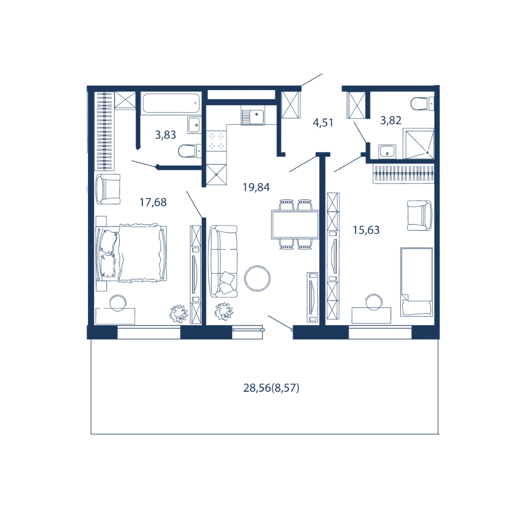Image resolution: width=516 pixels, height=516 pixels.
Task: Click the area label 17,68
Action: click(x=153, y=202)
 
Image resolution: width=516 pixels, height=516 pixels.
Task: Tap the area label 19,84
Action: click(x=256, y=187)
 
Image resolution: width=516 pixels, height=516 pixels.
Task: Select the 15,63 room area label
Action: click(x=366, y=230)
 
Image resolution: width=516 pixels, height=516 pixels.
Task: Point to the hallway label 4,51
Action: click(x=323, y=123)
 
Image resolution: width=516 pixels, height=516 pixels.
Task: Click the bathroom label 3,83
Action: click(x=165, y=135)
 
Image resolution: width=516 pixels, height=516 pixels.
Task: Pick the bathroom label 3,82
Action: click(x=391, y=120)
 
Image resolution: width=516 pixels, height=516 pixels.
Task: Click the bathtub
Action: click(x=171, y=103)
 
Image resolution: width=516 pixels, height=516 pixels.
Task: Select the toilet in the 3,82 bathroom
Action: click(x=422, y=104)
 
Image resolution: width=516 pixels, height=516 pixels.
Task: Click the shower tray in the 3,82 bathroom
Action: click(x=419, y=143)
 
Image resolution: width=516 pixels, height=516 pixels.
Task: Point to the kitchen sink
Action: click(x=252, y=117)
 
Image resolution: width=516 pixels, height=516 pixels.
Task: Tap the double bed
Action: click(x=131, y=253)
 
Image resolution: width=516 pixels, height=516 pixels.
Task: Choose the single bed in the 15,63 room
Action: click(x=417, y=282)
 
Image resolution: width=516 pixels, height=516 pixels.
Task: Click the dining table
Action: click(x=295, y=225)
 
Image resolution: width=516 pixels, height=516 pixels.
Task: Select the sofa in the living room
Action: click(x=224, y=261)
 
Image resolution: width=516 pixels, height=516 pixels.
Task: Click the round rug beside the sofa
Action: click(x=258, y=279)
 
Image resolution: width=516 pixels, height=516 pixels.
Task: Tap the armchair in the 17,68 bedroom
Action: click(x=108, y=189)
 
